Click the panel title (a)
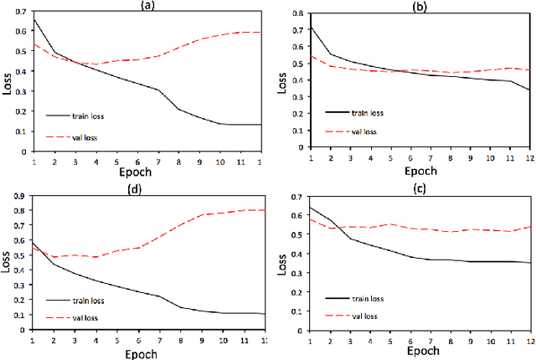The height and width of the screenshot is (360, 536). click(x=147, y=4)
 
